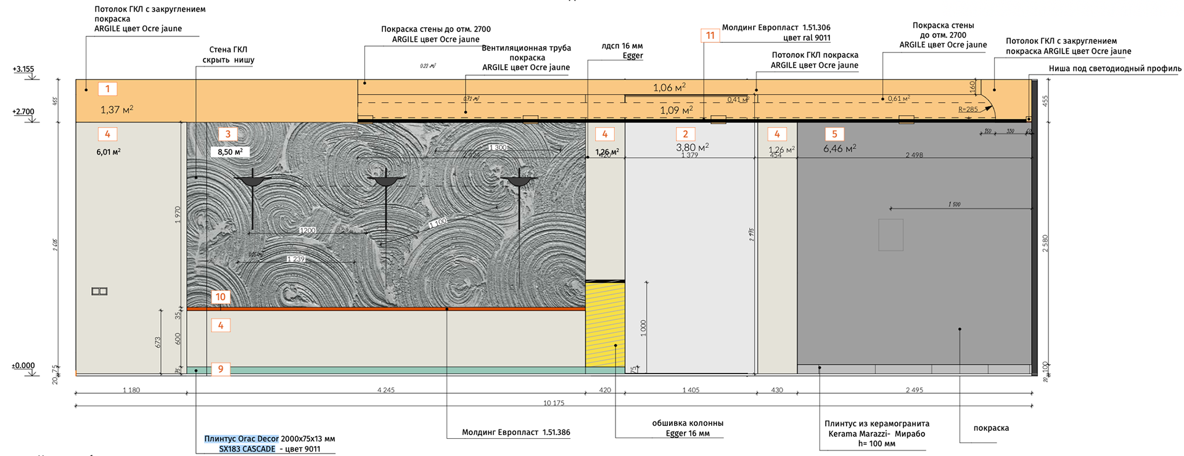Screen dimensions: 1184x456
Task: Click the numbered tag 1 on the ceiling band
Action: coord(107,89)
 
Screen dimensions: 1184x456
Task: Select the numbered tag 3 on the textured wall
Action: coord(228,134)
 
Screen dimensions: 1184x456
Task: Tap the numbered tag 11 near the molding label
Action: coord(710,35)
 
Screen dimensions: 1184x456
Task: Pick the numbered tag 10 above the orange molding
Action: coord(221,297)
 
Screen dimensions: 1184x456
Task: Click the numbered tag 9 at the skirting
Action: coord(221,369)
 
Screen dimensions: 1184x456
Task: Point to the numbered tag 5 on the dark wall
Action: coord(834,134)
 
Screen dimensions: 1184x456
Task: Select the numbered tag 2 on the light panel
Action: coord(685,134)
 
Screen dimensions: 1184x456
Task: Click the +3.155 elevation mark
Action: coord(23,69)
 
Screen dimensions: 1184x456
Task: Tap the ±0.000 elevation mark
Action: coord(23,365)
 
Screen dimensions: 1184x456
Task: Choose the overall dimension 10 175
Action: coord(554,403)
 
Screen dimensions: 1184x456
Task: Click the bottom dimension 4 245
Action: coord(386,390)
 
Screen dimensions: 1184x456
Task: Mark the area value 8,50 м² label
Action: coord(230,152)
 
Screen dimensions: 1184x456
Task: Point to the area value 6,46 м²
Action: coord(839,149)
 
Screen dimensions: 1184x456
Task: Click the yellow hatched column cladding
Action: coord(605,325)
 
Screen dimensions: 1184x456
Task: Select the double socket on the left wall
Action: coord(99,291)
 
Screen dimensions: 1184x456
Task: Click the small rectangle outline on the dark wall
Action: coord(890,235)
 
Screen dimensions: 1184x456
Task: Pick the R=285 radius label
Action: coord(968,110)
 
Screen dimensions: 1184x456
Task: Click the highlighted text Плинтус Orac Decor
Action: coord(242,439)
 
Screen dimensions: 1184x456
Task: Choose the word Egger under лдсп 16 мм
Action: coord(633,55)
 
